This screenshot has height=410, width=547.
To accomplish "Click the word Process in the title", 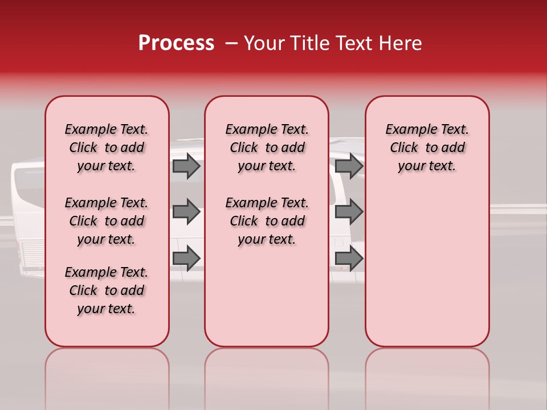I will pos(176,43).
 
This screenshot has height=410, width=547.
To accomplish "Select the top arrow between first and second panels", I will pos(186,166).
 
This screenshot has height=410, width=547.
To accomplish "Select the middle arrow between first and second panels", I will pos(186,212).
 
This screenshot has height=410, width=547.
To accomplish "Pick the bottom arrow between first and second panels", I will pos(186,259).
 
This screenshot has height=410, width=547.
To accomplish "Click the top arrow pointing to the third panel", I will pos(349,166).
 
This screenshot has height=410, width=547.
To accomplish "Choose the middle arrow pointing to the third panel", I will pos(349,212).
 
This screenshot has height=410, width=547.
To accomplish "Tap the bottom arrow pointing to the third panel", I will pos(349,259).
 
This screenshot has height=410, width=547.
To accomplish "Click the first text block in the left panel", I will pos(107,147).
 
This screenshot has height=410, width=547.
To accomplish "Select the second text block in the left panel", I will pos(107,221).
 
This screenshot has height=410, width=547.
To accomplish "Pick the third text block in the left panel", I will pos(107,290).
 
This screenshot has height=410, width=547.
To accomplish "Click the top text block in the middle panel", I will pos(267,147).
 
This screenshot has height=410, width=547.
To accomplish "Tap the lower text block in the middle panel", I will pos(267,221).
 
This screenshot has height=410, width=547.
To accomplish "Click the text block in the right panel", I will pos(427,147).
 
